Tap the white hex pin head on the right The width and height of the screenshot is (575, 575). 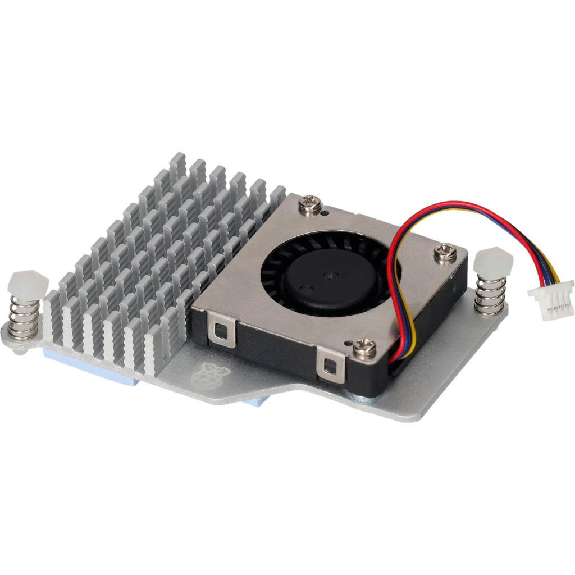(492, 262)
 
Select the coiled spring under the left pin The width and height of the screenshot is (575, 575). (25, 318)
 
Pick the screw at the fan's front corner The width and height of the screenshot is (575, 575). (366, 348)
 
